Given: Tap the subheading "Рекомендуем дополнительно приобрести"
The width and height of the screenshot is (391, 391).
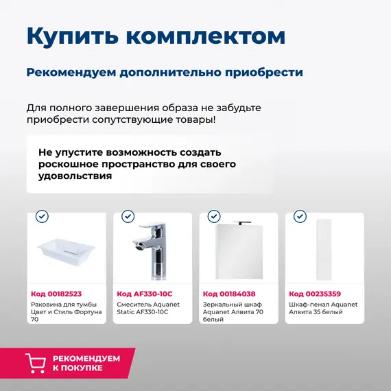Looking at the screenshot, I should (164, 72).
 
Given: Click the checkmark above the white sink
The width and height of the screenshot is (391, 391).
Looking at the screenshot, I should (42, 216).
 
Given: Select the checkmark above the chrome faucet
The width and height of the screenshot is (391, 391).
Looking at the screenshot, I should (128, 216).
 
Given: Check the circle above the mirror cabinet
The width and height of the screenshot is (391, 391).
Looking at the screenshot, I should (214, 216).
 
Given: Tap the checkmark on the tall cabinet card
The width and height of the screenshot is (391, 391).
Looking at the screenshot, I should (300, 216).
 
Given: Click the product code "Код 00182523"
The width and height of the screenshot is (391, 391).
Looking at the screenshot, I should (56, 294).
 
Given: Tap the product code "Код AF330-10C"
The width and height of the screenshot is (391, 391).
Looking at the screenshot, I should (143, 294).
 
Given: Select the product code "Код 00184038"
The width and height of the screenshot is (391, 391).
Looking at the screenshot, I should (228, 294).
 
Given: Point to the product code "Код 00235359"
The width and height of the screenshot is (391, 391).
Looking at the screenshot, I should (315, 294).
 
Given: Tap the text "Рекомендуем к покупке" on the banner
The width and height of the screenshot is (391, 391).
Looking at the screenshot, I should (86, 363).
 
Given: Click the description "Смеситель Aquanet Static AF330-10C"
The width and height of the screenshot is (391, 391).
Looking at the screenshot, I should (147, 308).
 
